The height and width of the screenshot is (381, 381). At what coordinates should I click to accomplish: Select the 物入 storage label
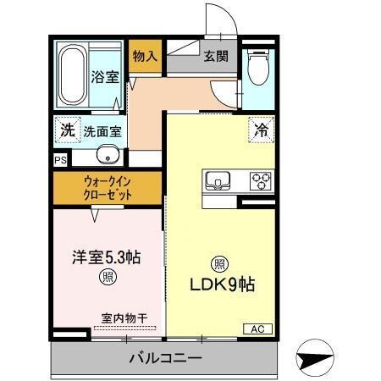point(145,57)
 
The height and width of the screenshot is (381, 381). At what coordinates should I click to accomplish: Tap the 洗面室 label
point(102,132)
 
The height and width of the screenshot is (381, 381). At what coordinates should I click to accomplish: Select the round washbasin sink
point(107,155)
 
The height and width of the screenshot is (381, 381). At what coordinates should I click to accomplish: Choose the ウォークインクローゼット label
point(108,186)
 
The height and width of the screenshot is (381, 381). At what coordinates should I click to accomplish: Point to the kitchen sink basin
point(217,180)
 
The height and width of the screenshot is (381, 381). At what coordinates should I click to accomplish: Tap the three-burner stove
point(258,180)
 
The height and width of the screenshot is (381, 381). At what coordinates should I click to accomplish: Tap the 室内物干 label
point(124,318)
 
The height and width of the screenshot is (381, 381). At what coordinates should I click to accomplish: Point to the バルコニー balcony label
point(165,359)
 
